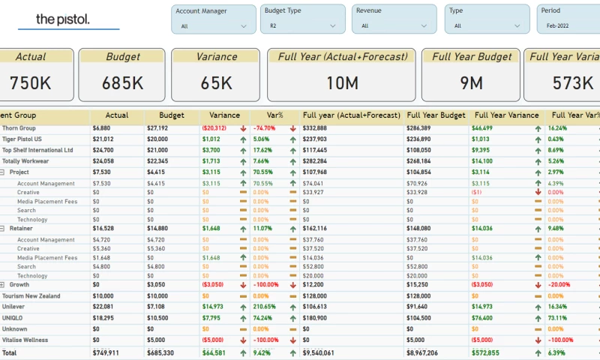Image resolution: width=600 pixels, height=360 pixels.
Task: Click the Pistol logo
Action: click(x=63, y=19)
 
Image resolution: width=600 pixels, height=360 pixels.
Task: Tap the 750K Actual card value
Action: click(x=31, y=82)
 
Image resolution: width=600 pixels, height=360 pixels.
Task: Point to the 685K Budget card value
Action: click(x=123, y=82)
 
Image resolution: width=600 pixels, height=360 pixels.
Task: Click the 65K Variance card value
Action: click(x=216, y=82)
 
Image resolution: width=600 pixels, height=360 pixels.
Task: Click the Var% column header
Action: click(x=266, y=115)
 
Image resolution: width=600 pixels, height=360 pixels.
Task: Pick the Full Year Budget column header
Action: click(x=436, y=115)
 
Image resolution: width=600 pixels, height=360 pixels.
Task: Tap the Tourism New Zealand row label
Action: click(x=31, y=295)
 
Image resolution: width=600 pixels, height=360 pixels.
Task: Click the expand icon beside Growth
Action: click(x=3, y=285)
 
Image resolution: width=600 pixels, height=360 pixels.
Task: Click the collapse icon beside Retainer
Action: click(x=3, y=229)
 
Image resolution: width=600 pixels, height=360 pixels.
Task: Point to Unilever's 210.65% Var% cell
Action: click(x=265, y=306)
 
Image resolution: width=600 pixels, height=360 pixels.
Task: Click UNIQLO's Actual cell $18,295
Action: click(x=103, y=317)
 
